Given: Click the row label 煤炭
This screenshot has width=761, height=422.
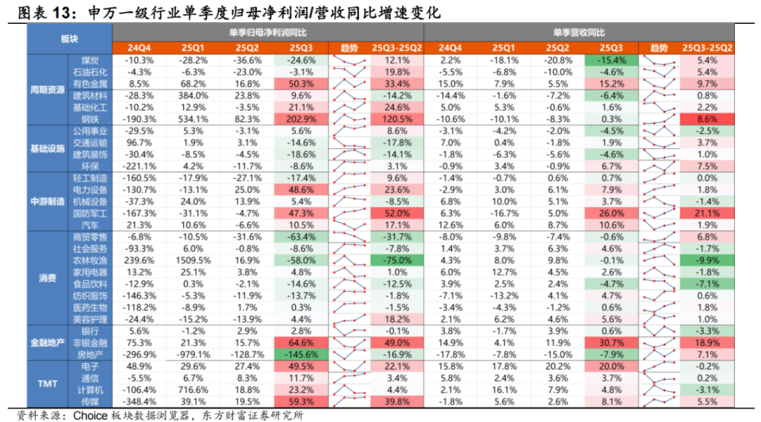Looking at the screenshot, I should point(90,60).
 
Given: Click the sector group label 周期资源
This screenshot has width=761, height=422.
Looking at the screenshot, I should point(47,89).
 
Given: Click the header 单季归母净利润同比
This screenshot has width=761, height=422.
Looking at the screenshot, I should point(267,33).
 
